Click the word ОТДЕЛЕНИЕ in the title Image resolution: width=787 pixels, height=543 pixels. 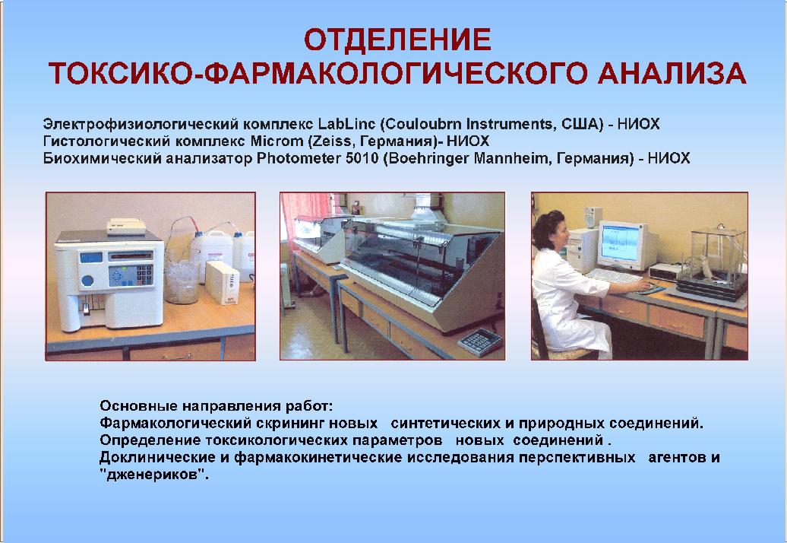click(397, 40)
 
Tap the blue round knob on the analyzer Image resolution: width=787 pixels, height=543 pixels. click(87, 281)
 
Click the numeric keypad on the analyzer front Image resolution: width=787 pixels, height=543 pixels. click(144, 275)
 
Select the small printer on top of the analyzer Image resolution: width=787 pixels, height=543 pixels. click(126, 227)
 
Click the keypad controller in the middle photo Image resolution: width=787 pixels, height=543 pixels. click(480, 342)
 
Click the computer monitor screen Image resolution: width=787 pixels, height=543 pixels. click(621, 246)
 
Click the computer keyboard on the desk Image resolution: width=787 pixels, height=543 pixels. click(613, 275)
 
